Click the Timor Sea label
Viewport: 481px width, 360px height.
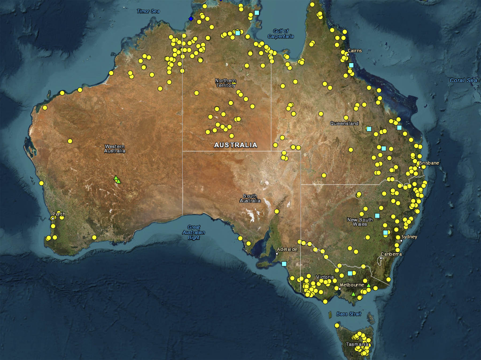pos(148,11)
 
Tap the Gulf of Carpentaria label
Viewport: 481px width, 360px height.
pos(281,34)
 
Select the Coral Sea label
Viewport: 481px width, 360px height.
pos(463,80)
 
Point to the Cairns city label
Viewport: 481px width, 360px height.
pos(355,51)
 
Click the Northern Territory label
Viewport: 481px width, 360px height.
pos(226,83)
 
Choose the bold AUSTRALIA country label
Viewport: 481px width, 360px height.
pos(236,145)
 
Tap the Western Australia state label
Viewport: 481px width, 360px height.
pos(115,149)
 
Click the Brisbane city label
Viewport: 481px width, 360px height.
pos(429,163)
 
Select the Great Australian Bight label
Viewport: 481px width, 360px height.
pos(194,232)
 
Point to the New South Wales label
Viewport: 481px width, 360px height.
pos(360,222)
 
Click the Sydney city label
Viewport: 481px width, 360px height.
pos(409,237)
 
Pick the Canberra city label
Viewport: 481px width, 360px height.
pos(391,254)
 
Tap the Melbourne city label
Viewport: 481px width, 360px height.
pos(352,285)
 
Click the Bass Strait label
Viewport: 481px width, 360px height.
pos(349,314)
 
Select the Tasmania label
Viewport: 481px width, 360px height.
pos(357,344)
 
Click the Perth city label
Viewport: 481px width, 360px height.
pos(59,214)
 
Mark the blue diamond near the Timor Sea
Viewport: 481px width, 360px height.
pos(191,19)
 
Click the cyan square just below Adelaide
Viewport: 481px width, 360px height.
pos(284,264)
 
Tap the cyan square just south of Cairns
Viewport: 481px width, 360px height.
pos(351,65)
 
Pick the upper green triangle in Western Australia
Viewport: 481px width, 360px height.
pos(116,178)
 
